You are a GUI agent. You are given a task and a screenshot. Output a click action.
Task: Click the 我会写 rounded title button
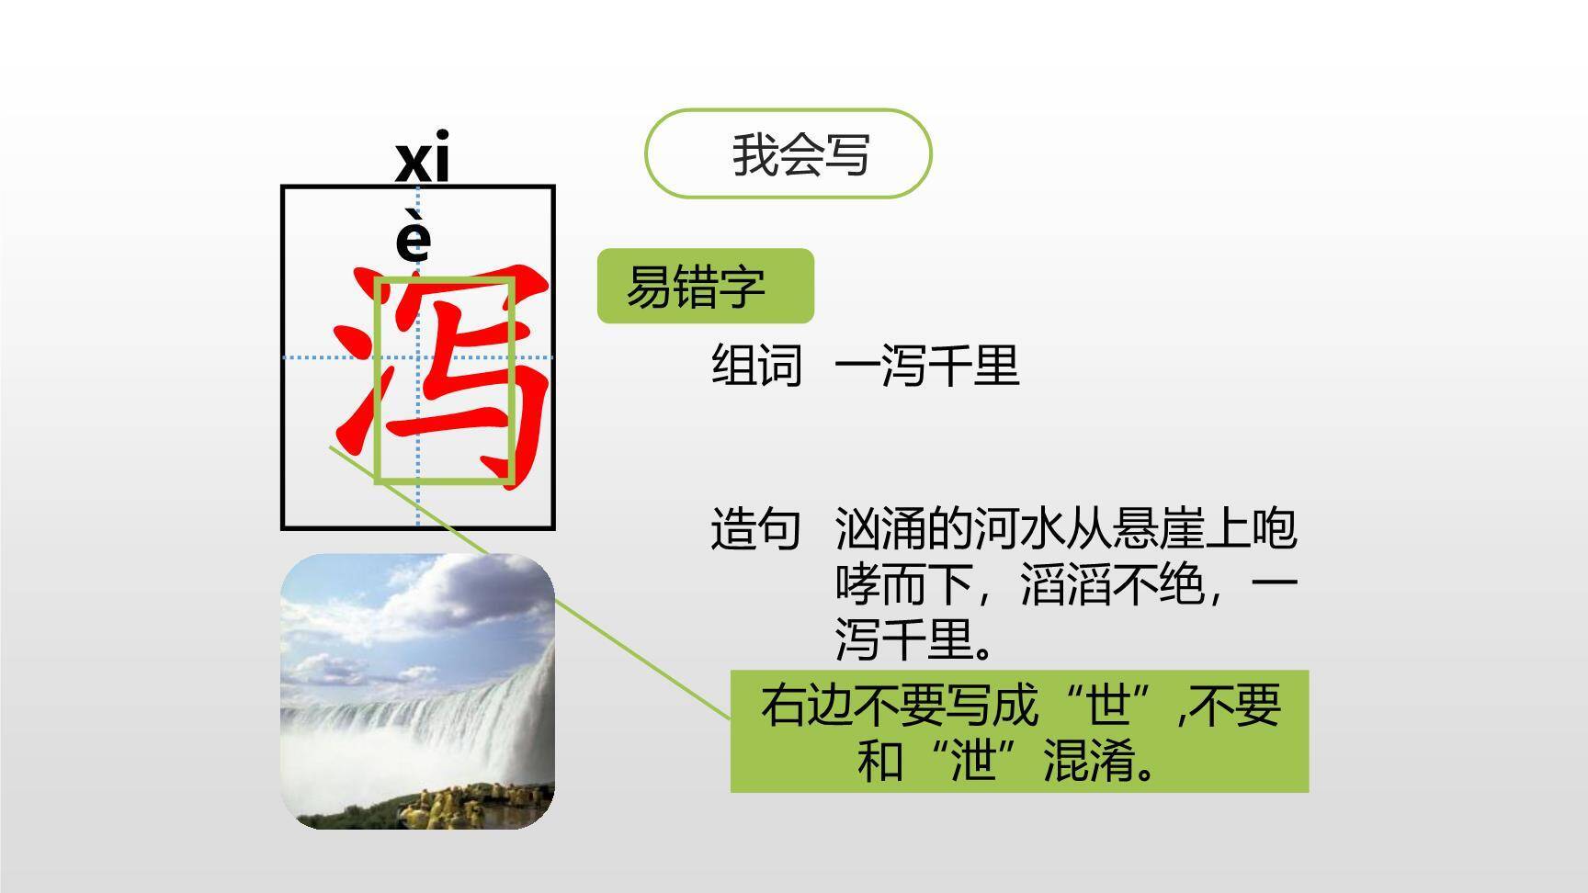click(788, 153)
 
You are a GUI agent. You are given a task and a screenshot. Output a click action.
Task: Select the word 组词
click(757, 365)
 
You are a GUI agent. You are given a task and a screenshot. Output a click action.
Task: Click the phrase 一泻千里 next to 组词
click(927, 365)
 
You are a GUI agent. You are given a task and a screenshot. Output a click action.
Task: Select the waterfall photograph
click(417, 691)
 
